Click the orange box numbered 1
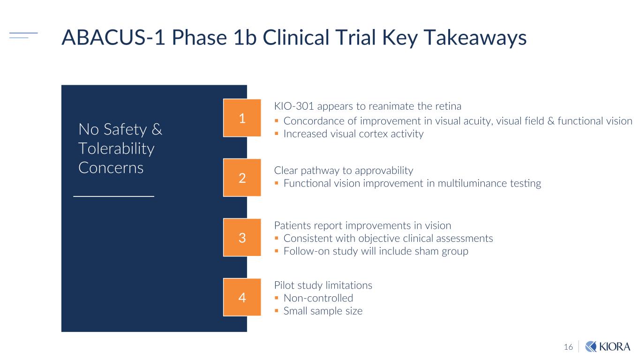coord(242,118)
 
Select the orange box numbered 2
coord(242,178)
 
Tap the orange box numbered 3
coord(242,238)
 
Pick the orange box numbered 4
coord(242,297)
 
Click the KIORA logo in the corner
coord(608,346)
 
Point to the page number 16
coord(568,347)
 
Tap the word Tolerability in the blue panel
coord(116,149)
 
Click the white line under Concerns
coord(114,196)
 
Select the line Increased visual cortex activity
coord(353,134)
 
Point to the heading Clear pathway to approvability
coord(343,170)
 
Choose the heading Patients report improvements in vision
coord(362,225)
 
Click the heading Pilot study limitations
coord(323,285)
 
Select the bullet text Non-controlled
coord(318,298)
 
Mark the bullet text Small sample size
coord(323,311)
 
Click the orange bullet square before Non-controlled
coord(277,298)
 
